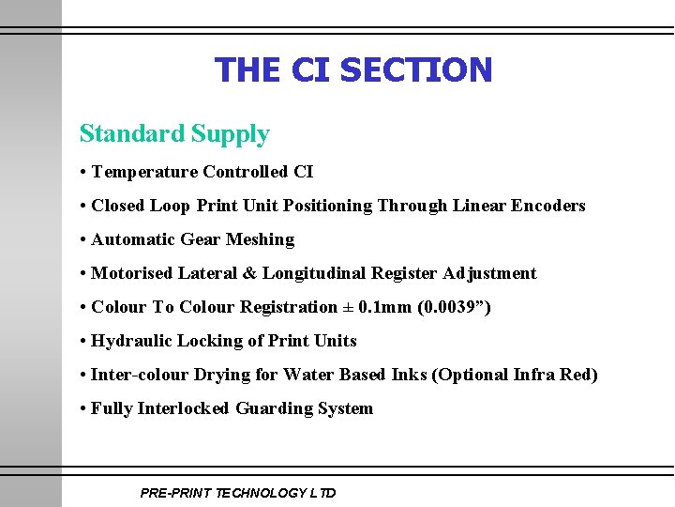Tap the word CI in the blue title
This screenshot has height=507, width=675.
310,69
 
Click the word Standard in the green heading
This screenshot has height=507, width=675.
132,134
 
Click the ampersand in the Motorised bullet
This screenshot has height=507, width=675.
249,273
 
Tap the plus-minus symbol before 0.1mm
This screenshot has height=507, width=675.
348,307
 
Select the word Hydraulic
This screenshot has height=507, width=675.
131,341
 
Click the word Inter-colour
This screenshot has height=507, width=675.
140,375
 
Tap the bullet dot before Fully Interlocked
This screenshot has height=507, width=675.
83,408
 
